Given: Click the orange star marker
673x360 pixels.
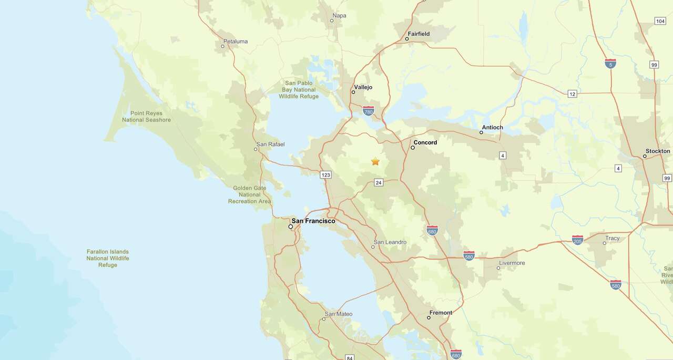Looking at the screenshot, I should pyautogui.click(x=375, y=161).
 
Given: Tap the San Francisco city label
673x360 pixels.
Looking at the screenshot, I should pyautogui.click(x=313, y=221).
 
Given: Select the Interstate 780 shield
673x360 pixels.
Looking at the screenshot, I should pyautogui.click(x=369, y=111).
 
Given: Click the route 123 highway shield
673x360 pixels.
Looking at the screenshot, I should pyautogui.click(x=326, y=174).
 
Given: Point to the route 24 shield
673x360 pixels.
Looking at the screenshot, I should pyautogui.click(x=379, y=182).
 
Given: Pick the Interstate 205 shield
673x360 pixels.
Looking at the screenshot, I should pyautogui.click(x=577, y=240).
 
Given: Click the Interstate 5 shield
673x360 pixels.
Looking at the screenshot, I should pyautogui.click(x=610, y=64).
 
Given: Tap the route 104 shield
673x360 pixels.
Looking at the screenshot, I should pyautogui.click(x=660, y=21).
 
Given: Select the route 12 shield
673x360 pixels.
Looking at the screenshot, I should pyautogui.click(x=573, y=94).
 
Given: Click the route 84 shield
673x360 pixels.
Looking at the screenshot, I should pyautogui.click(x=350, y=358).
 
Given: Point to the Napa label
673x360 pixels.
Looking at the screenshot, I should pyautogui.click(x=340, y=16).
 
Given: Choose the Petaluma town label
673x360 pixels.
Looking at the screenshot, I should pyautogui.click(x=235, y=42).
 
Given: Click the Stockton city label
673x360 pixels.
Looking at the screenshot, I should pyautogui.click(x=658, y=151).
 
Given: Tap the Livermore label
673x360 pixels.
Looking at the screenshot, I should pyautogui.click(x=512, y=263).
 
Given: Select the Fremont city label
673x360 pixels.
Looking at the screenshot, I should pyautogui.click(x=441, y=313).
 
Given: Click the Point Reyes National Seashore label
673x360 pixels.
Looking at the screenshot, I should pyautogui.click(x=146, y=117).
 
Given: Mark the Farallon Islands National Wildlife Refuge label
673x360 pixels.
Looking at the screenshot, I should pyautogui.click(x=108, y=258).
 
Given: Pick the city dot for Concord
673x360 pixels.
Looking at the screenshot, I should pyautogui.click(x=413, y=148).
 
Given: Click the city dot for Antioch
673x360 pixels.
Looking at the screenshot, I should pyautogui.click(x=481, y=132).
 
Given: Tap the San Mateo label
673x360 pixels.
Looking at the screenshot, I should pyautogui.click(x=339, y=314).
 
